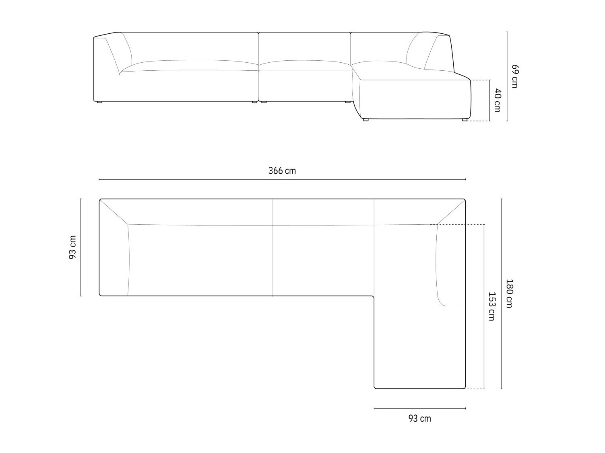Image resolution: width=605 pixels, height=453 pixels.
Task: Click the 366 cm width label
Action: [x=282, y=171]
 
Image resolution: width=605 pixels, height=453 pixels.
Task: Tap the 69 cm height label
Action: [x=514, y=76]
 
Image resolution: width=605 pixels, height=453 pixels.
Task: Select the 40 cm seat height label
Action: [x=497, y=100]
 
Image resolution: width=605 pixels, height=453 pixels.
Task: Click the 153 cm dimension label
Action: [x=491, y=306]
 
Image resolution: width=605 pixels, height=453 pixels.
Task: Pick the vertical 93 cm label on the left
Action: [x=72, y=247]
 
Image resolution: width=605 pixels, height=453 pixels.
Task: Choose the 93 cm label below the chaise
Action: [x=419, y=418]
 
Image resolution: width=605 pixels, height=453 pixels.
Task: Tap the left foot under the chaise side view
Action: [x=366, y=120]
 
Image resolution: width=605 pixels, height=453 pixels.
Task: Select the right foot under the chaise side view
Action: [x=464, y=120]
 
